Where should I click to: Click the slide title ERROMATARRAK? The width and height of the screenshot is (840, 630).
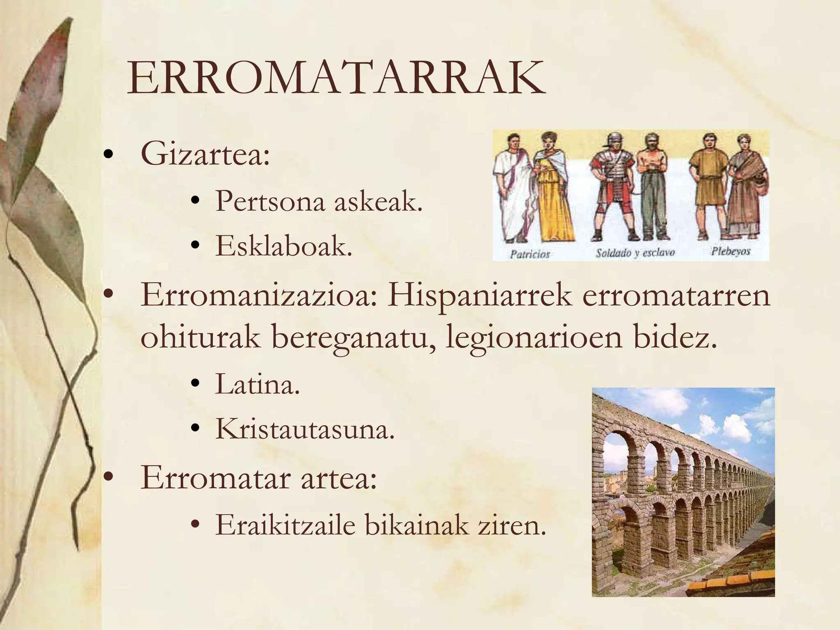(x=336, y=78)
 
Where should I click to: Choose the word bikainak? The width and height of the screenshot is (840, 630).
(x=416, y=525)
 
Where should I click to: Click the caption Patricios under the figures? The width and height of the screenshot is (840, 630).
(x=530, y=254)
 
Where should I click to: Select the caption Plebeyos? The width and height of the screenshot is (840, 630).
(x=730, y=251)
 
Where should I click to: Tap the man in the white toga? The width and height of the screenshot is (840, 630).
(x=511, y=189)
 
